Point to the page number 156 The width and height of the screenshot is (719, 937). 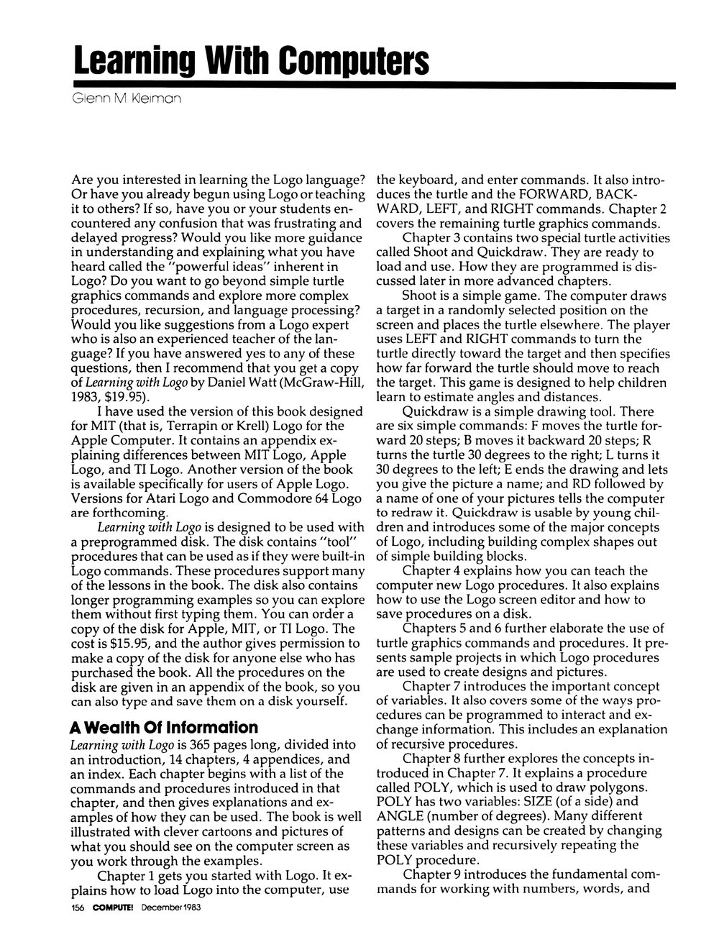coord(78,908)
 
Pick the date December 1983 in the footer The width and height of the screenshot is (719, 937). coord(170,908)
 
